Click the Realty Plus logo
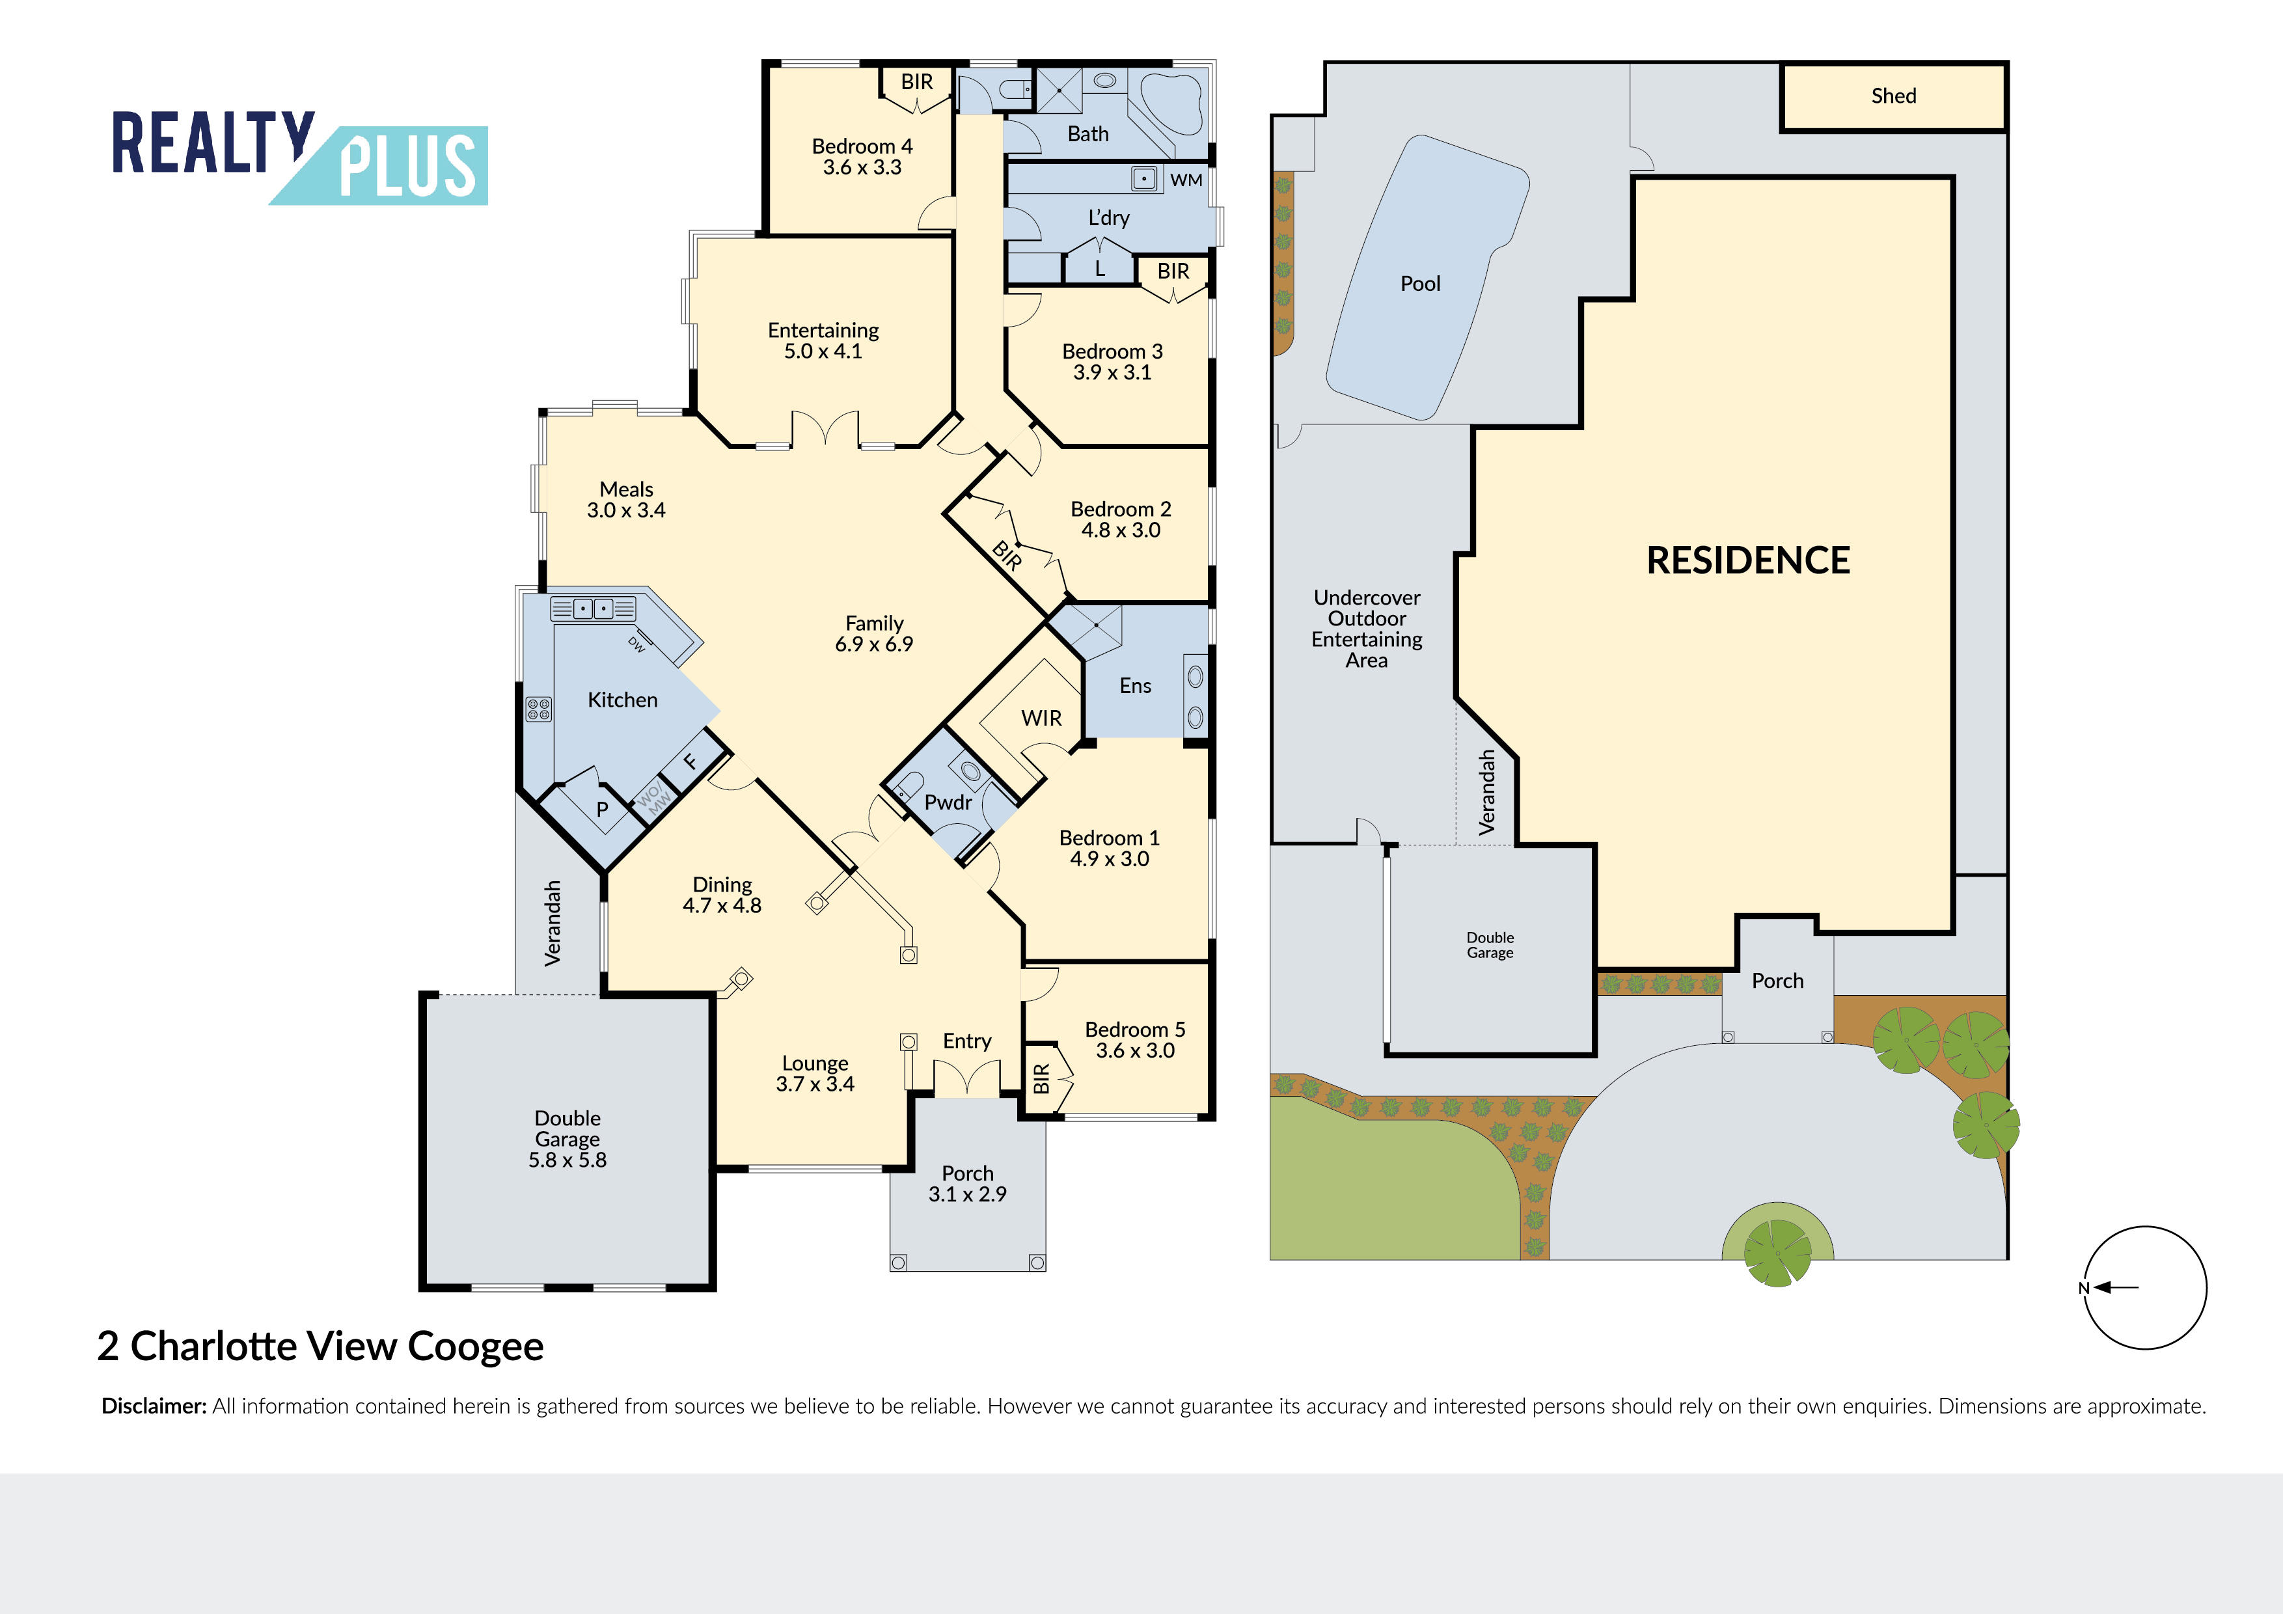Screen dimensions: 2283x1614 tap(299, 157)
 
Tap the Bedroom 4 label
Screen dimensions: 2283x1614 tap(862, 157)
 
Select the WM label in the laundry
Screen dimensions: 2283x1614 tap(1186, 180)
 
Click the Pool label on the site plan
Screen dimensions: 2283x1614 tap(1420, 283)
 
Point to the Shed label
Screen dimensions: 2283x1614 tap(1893, 96)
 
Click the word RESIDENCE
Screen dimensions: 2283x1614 tap(1748, 560)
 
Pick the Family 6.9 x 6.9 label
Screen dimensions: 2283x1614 tap(874, 633)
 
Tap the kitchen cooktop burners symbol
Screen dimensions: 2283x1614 tap(539, 709)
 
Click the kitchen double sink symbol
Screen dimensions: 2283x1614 tap(594, 609)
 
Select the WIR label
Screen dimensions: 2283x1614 tap(1041, 718)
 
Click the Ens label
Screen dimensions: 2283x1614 tap(1136, 685)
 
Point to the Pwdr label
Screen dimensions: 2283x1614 tap(948, 802)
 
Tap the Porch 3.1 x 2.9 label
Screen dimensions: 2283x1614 tap(968, 1183)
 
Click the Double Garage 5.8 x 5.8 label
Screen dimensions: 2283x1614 tap(567, 1139)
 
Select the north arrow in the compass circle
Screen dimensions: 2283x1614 tap(2115, 1287)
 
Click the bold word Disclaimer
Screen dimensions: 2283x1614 tap(154, 1406)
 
